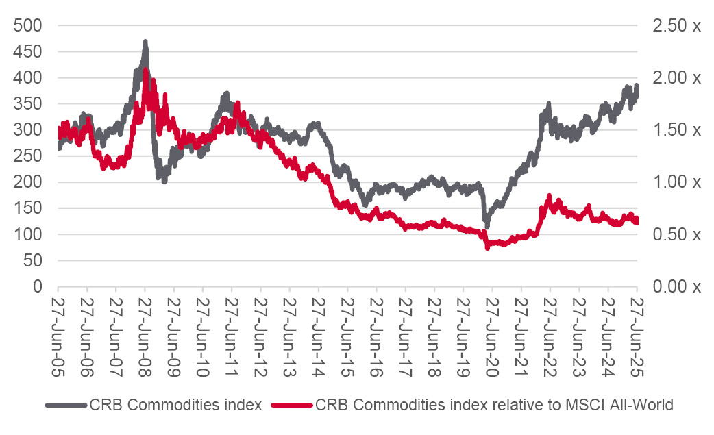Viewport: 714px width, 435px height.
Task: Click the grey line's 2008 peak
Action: click(x=145, y=42)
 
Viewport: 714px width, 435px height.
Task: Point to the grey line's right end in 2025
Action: click(x=637, y=86)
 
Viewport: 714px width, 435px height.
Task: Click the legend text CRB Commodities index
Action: click(x=175, y=405)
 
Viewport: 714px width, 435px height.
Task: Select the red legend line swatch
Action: click(x=293, y=405)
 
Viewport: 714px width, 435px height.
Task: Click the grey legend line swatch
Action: click(x=66, y=405)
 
